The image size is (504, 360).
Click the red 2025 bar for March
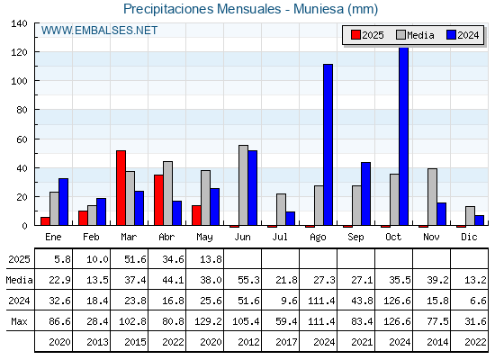pos(121,188)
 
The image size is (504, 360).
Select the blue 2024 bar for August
pos(328,145)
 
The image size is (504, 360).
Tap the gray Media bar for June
pos(243,185)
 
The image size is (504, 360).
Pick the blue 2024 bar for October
pos(403,136)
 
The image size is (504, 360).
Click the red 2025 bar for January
pos(45,221)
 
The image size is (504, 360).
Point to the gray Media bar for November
pos(432,197)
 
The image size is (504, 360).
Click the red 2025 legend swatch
pos(355,35)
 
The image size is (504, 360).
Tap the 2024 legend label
pos(468,35)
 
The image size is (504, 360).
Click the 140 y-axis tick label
pos(19,23)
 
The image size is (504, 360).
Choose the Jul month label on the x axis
pos(280,237)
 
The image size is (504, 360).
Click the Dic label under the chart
pos(469,237)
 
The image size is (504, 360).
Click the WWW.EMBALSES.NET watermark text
pos(99,31)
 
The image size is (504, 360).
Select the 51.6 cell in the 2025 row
pos(135,259)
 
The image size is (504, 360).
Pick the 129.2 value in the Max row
pos(208,321)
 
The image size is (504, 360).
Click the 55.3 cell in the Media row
pos(248,280)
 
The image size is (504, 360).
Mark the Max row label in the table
pos(19,321)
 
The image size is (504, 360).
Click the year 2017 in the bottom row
pos(286,342)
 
